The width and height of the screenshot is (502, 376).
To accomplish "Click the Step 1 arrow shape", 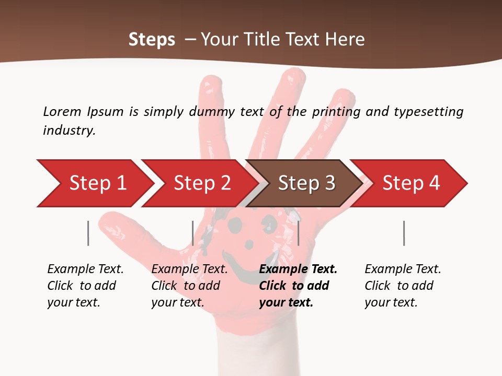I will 94,183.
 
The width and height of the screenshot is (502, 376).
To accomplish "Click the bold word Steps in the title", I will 152,40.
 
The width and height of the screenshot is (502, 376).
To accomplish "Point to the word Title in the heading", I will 263,40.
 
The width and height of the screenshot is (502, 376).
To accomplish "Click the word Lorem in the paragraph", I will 62,111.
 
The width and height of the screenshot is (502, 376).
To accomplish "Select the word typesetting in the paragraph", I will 428,112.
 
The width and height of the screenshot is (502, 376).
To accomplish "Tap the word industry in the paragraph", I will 69,130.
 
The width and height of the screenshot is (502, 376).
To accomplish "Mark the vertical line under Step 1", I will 88,233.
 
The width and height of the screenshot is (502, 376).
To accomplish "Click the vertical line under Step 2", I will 193,233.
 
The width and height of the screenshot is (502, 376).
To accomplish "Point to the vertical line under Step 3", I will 298,233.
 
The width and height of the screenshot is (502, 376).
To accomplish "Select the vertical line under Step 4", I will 404,233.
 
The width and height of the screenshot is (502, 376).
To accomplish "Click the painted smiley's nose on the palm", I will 249,244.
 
